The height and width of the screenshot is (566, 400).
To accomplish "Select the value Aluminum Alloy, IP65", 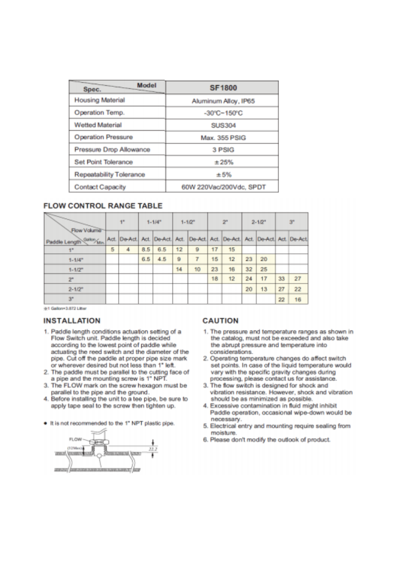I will click(x=223, y=101).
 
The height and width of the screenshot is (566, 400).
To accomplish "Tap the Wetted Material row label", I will click(x=98, y=125).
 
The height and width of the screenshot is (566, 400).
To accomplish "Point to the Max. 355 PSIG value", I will click(x=223, y=137).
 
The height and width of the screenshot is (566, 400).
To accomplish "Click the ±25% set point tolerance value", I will click(x=223, y=162).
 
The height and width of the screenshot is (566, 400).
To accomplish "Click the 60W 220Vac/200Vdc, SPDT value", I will click(x=223, y=187).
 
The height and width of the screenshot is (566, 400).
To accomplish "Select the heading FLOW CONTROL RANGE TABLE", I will click(x=103, y=206).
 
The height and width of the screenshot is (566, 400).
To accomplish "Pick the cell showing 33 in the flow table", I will click(x=283, y=278).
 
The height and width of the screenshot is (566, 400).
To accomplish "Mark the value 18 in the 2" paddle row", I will click(x=214, y=278).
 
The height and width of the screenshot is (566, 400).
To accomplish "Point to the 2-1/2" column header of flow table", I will click(x=258, y=221).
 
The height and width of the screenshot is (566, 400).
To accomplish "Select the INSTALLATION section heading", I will click(x=72, y=320).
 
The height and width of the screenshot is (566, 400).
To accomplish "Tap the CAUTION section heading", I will click(x=220, y=320).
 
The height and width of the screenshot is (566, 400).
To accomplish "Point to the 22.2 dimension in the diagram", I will click(x=147, y=447).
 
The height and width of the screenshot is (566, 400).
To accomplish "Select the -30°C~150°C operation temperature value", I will click(x=223, y=112).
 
